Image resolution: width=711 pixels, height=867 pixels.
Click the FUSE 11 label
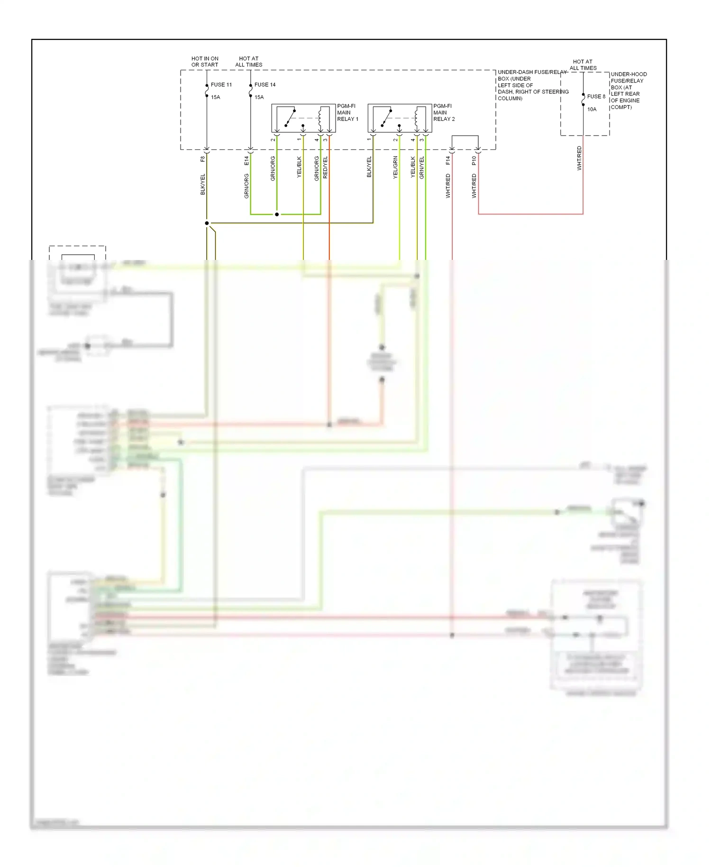click(x=221, y=85)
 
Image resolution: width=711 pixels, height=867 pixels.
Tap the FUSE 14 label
click(x=264, y=85)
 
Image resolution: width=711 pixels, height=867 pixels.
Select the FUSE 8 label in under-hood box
click(x=596, y=97)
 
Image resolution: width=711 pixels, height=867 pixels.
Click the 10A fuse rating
click(x=592, y=110)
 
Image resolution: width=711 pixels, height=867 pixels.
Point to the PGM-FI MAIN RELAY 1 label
click(x=347, y=113)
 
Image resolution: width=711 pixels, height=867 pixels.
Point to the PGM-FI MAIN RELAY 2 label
click(x=444, y=113)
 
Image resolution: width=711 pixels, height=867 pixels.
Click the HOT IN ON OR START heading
click(x=205, y=62)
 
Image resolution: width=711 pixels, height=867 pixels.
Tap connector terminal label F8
click(x=203, y=159)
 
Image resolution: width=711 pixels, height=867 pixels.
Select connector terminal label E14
click(x=246, y=161)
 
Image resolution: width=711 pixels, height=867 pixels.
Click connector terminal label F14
click(x=448, y=161)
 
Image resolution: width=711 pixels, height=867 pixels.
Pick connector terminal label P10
click(x=474, y=161)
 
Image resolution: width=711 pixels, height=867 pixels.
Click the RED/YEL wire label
click(x=325, y=167)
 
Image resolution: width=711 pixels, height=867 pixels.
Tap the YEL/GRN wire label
click(x=395, y=167)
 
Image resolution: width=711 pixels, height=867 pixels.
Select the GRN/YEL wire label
click(x=422, y=167)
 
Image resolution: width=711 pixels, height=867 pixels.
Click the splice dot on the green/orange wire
click(x=277, y=214)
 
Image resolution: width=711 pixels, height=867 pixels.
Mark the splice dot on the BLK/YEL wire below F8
click(x=207, y=223)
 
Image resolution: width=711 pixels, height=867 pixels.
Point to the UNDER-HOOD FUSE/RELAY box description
click(x=628, y=91)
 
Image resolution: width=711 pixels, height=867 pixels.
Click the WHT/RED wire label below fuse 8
click(x=579, y=158)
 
